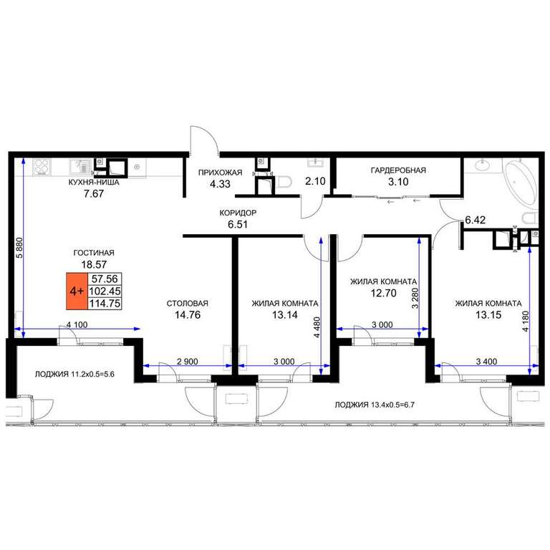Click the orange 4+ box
point(77,291)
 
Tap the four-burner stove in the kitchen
point(42,167)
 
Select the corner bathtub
point(519,183)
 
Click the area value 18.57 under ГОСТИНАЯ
point(94,264)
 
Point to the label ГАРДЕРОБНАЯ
point(398,170)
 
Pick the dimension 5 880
point(19,248)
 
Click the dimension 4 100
point(77,325)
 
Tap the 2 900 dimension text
point(188,361)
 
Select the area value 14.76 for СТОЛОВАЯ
point(188,314)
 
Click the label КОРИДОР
point(238,213)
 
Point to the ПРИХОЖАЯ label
point(221,173)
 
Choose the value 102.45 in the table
point(105,291)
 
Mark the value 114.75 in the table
point(105,303)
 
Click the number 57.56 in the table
point(105,279)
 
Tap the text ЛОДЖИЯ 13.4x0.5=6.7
point(375,405)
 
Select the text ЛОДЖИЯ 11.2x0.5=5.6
point(74,375)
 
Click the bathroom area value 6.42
point(476,220)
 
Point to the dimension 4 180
point(525,322)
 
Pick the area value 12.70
point(384,293)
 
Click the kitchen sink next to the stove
point(80,166)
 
